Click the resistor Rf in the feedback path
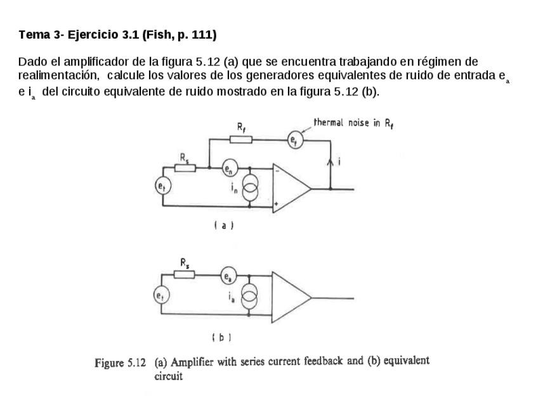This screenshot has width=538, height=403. point(242,140)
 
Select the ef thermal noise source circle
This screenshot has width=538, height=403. point(292,140)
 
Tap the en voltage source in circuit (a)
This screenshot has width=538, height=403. point(228,169)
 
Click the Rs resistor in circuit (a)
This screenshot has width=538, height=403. point(184,168)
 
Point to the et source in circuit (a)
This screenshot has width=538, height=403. point(162,186)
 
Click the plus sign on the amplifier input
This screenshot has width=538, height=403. point(277,204)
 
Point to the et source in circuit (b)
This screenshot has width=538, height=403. point(162,294)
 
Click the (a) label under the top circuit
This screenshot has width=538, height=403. point(224,225)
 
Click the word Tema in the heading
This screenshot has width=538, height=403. point(31,35)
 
